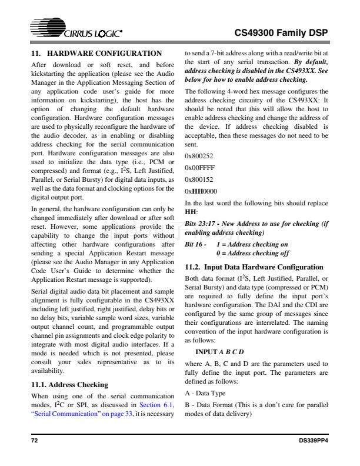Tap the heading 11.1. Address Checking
coord(69,385)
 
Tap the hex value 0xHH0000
coord(201,191)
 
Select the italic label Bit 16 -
coord(195,244)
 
